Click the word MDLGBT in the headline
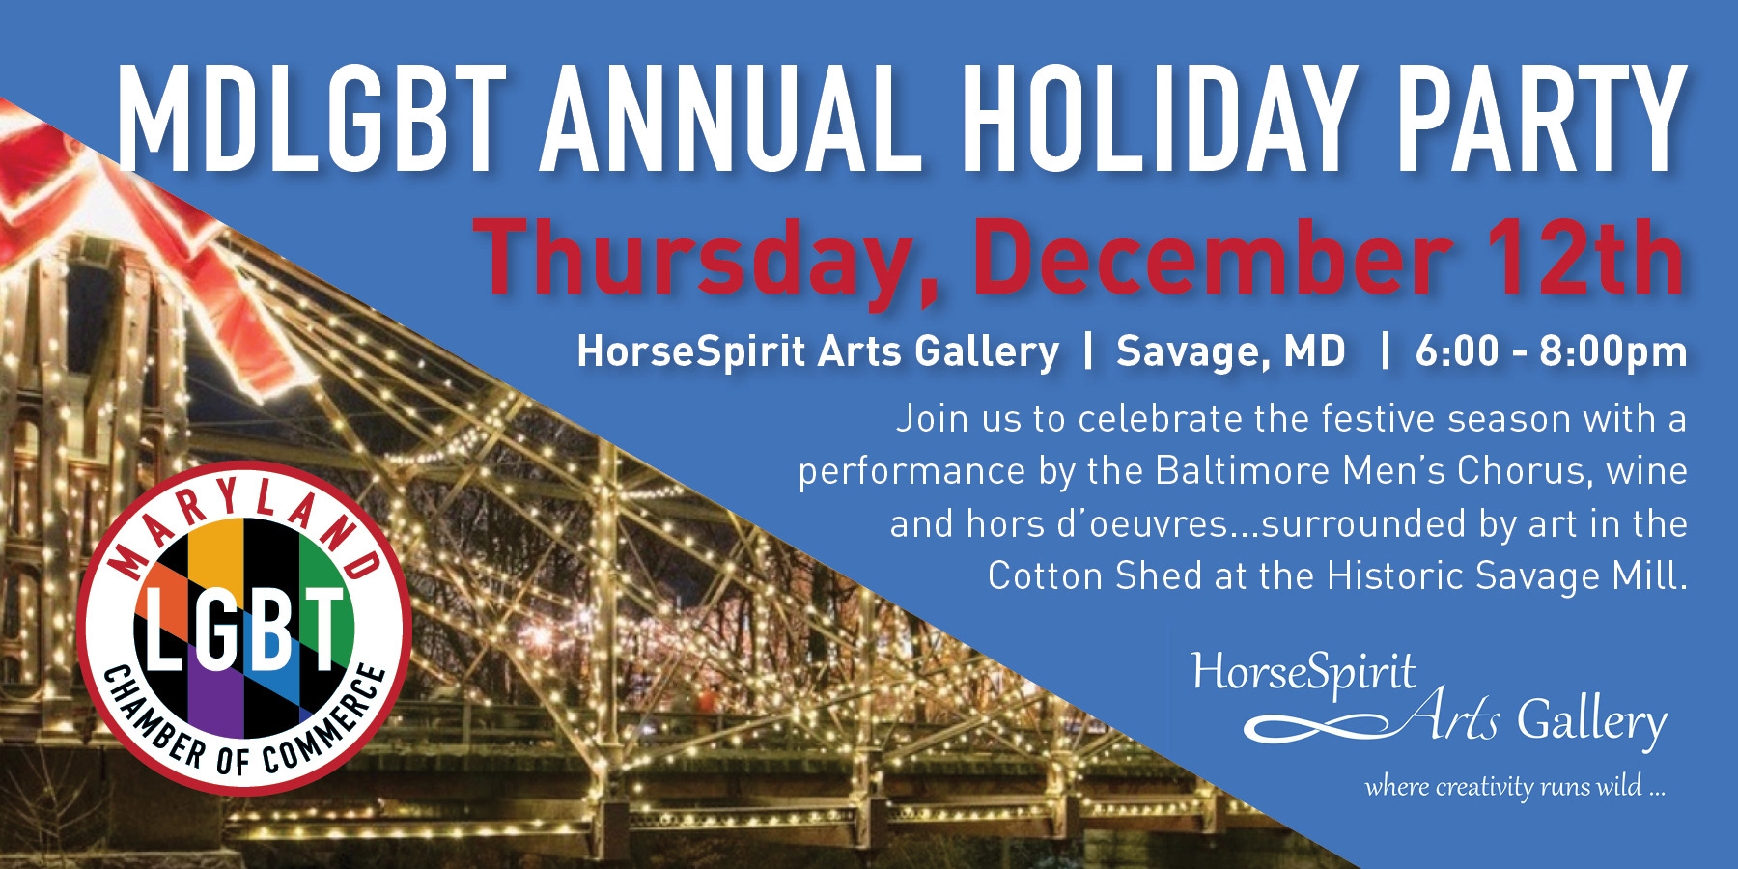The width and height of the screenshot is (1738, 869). [312, 118]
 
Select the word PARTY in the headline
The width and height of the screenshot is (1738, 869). [1542, 118]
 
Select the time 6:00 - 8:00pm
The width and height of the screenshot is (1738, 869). [1551, 351]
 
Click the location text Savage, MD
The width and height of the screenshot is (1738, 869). [1230, 352]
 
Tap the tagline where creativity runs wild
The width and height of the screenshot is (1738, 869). [1515, 786]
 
